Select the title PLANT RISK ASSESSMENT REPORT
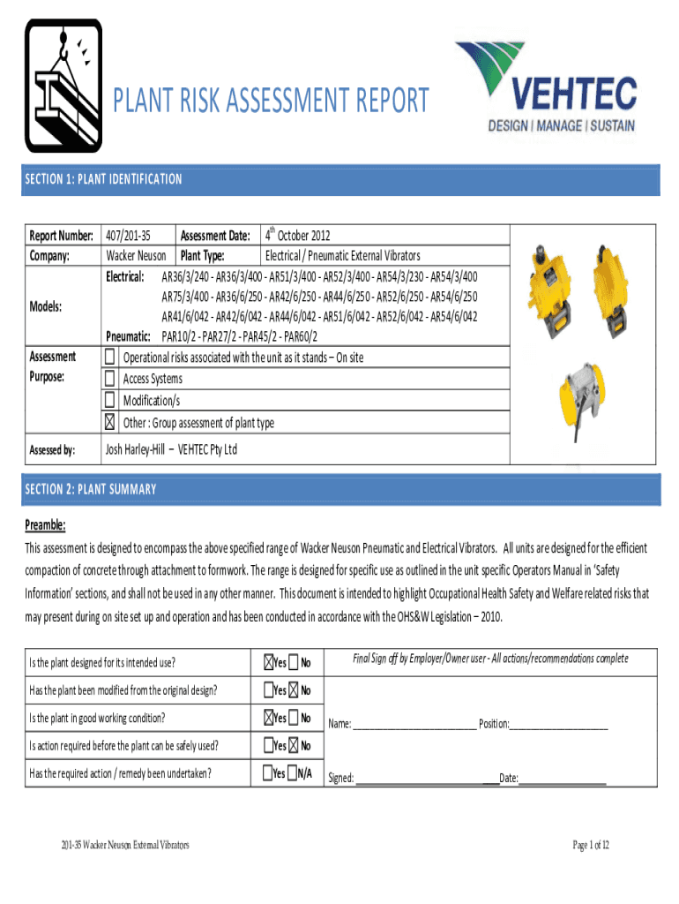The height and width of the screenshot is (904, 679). pyautogui.click(x=272, y=101)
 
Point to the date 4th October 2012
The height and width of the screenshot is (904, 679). pyautogui.click(x=298, y=236)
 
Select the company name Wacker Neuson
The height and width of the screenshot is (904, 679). pyautogui.click(x=136, y=256)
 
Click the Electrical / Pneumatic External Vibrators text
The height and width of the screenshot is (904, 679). pyautogui.click(x=355, y=256)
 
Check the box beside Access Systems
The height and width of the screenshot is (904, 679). pyautogui.click(x=109, y=379)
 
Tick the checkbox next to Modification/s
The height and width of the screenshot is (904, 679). pyautogui.click(x=109, y=400)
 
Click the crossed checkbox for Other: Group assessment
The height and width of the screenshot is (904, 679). pyautogui.click(x=109, y=422)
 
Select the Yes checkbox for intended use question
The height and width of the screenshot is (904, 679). pyautogui.click(x=268, y=662)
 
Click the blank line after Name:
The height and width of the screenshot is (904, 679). pyautogui.click(x=414, y=724)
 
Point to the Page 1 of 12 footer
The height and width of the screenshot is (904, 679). pyautogui.click(x=591, y=845)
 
